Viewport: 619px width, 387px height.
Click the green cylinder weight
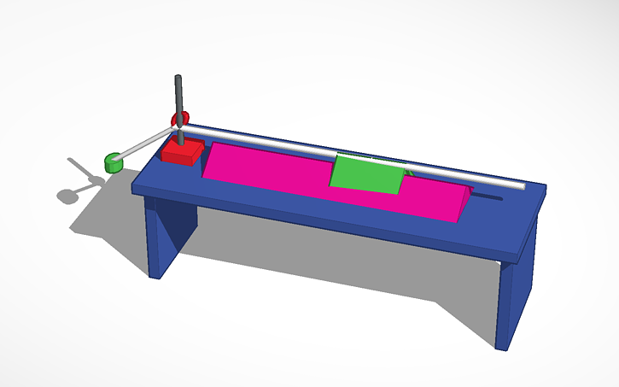pos(113,162)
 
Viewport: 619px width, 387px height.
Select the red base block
pos(182,151)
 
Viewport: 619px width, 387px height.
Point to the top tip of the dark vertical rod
pos(178,78)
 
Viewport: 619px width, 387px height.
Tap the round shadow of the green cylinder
pos(67,196)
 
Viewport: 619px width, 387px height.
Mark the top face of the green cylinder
pos(112,157)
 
